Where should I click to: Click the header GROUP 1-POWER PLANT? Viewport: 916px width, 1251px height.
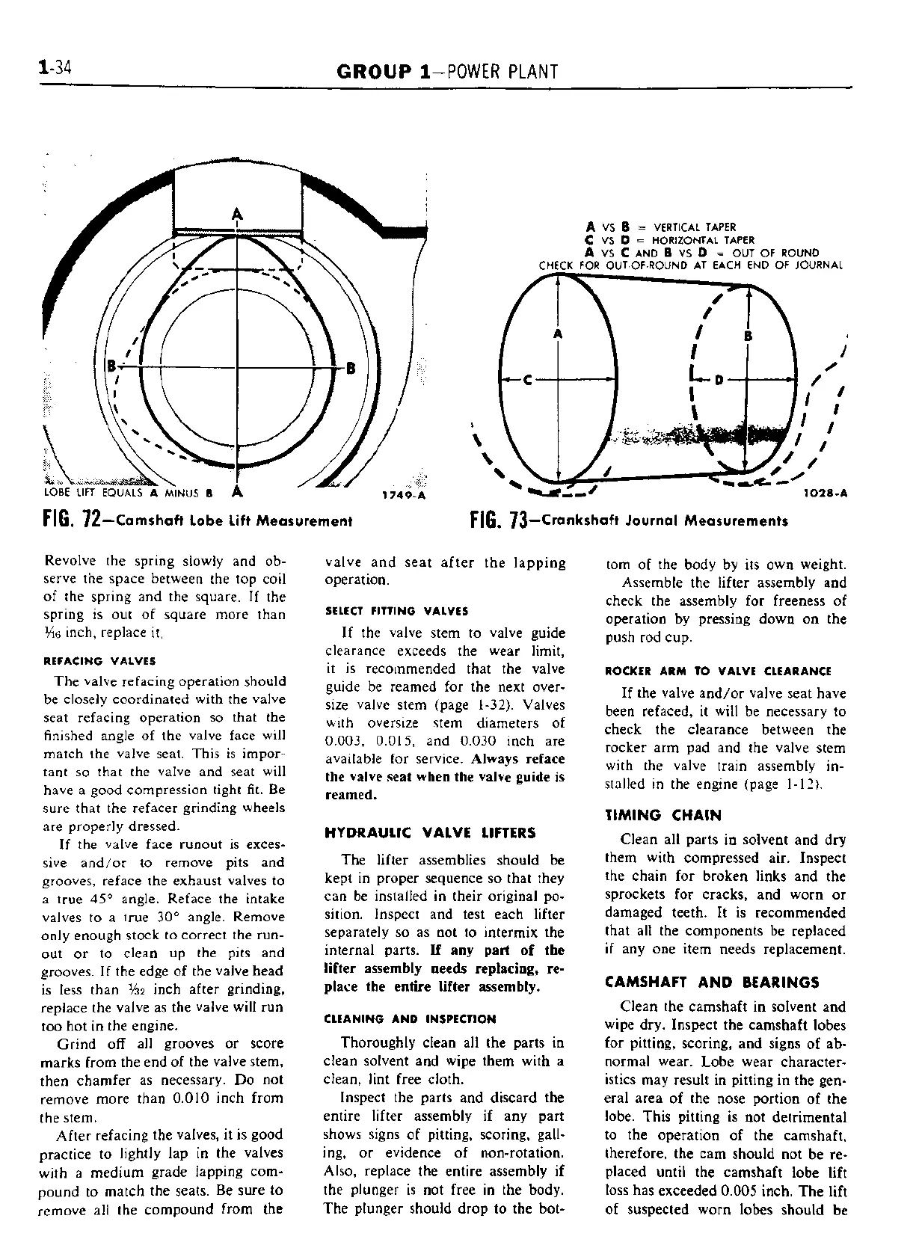click(x=447, y=72)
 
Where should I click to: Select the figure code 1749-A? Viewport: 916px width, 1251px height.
click(x=403, y=495)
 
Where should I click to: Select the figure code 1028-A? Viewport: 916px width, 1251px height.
click(x=826, y=494)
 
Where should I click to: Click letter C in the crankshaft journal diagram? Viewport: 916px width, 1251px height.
click(x=527, y=381)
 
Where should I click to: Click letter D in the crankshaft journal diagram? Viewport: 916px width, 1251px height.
click(x=719, y=381)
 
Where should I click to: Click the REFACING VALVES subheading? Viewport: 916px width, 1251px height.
click(x=100, y=661)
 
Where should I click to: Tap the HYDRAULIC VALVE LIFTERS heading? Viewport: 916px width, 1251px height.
click(x=430, y=832)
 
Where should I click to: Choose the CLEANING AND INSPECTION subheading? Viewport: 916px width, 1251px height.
click(x=411, y=1018)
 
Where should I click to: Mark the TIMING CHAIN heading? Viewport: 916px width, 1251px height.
click(x=663, y=815)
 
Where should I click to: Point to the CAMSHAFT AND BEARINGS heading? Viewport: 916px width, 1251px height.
click(x=712, y=982)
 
